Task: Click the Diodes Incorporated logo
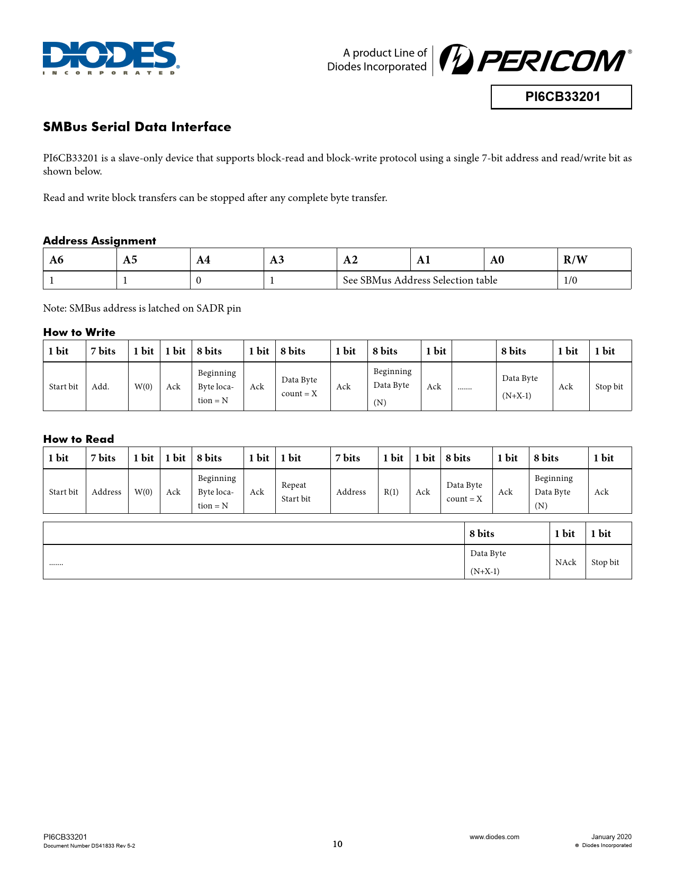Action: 111,58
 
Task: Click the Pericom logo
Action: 535,60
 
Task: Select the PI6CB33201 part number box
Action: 561,97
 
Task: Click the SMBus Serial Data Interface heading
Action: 137,127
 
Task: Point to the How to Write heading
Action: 79,332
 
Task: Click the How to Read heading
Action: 79,439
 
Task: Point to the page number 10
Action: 337,844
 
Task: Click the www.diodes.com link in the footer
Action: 494,837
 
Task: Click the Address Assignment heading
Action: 100,241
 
